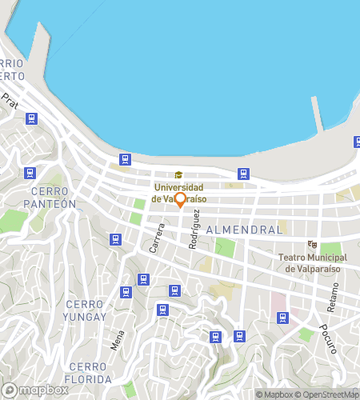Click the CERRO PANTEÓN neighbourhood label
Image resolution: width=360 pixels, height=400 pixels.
tap(54, 197)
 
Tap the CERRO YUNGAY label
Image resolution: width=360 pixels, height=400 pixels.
tap(86, 310)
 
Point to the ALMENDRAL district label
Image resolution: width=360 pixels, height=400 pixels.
tap(244, 230)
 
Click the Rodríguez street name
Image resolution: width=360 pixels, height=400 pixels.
tap(193, 232)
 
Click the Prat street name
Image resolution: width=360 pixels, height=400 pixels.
tap(10, 101)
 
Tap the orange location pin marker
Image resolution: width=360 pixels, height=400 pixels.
tap(181, 199)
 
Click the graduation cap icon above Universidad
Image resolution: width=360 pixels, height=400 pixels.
tap(178, 175)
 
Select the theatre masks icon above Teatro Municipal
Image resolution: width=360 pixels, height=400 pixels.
tap(312, 245)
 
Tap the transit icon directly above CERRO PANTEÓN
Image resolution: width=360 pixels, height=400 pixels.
tap(30, 172)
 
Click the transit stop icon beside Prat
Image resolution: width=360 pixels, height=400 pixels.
tap(31, 118)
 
